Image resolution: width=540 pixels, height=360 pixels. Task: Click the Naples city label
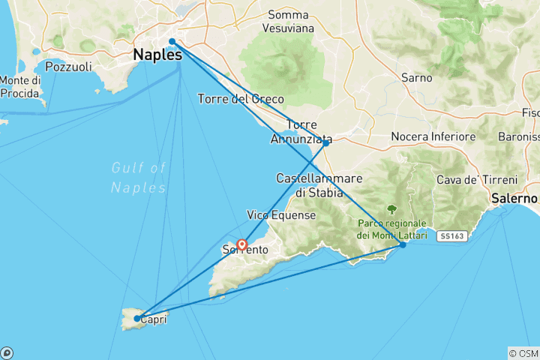(157, 55)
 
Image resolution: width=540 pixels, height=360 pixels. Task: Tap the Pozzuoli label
(67, 67)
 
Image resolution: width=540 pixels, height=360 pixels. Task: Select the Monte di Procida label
(19, 87)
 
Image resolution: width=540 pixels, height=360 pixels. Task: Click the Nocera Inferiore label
(433, 137)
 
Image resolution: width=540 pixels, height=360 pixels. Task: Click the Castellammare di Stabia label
(319, 185)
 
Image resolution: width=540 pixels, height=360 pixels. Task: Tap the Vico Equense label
(281, 215)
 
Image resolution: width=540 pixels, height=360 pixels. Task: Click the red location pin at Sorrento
(242, 244)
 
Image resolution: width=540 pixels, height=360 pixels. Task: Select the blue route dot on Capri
(136, 319)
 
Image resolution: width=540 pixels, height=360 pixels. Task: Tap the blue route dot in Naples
(172, 41)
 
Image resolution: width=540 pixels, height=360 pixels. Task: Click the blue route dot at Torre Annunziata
(325, 142)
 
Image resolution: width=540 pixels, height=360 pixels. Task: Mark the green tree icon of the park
(391, 209)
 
